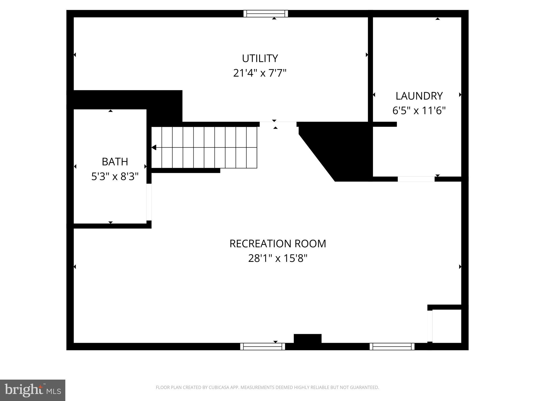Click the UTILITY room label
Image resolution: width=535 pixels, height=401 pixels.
point(260,58)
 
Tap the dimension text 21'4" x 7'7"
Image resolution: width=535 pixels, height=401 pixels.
point(260,73)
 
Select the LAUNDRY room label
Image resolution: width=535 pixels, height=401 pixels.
point(419,96)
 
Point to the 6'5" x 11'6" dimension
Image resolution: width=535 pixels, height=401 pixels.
point(419,111)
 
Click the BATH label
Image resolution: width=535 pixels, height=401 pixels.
point(115,162)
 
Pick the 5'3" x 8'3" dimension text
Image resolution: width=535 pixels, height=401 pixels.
point(115,177)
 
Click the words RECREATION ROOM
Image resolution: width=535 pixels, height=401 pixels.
point(277,244)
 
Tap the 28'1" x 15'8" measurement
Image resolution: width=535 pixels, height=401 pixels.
point(277,258)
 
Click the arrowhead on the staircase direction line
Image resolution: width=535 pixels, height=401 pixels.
point(154,148)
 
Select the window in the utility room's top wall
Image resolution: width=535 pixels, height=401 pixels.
point(266,14)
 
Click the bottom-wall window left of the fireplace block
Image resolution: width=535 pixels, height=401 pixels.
point(263,346)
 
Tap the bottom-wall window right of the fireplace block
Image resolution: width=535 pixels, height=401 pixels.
point(392,346)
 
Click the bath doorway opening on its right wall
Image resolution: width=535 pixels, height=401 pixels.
point(149,202)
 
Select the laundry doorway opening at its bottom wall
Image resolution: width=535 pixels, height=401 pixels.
point(416,179)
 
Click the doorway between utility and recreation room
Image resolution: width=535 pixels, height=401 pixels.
point(278,124)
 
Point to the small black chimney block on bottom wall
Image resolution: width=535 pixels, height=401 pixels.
point(307,339)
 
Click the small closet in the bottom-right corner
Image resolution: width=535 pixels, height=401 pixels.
point(446,326)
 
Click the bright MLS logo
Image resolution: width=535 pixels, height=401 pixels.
point(33,390)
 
